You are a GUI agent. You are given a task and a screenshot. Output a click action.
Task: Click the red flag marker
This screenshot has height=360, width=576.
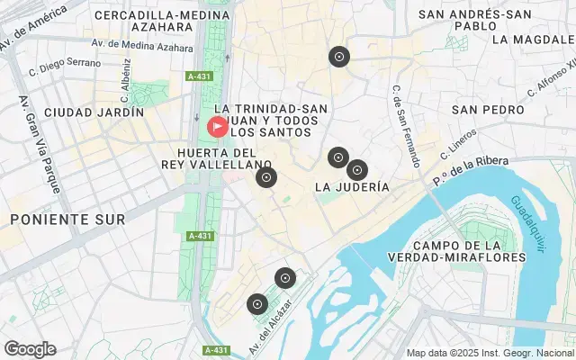[218, 127]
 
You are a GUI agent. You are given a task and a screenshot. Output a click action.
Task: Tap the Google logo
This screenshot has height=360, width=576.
[30, 349]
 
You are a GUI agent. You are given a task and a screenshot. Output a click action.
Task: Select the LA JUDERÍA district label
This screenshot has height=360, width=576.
[352, 187]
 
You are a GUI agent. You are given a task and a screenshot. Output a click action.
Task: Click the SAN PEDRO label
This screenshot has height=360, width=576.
[488, 109]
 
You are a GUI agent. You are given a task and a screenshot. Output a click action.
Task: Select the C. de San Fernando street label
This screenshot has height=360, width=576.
[406, 126]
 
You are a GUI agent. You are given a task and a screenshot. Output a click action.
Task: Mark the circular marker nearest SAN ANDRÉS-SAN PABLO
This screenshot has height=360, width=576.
[338, 58]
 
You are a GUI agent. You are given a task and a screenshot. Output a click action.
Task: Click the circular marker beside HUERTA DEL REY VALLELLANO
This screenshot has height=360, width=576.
[265, 177]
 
